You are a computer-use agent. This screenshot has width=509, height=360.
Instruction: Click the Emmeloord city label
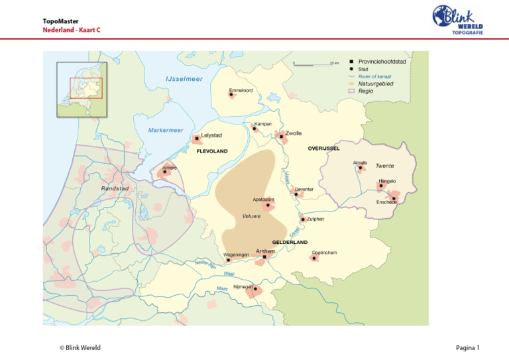tap(240, 90)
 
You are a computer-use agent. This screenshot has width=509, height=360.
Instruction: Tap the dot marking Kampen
tap(254, 129)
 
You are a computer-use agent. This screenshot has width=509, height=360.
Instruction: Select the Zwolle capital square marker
tap(282, 137)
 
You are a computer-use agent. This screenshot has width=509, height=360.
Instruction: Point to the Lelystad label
tap(211, 135)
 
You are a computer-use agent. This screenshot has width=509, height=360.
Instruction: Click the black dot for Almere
tap(165, 172)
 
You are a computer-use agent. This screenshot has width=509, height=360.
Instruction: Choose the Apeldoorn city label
tap(263, 199)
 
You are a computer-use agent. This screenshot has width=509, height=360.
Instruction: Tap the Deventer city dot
tap(296, 195)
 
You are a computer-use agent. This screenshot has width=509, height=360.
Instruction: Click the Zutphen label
tap(315, 219)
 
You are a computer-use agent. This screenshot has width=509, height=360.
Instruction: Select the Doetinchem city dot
tap(315, 258)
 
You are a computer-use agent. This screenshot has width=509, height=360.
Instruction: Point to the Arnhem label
tap(265, 251)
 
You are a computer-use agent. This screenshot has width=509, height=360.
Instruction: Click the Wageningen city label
tap(236, 255)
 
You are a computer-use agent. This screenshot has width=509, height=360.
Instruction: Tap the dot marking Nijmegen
tap(255, 289)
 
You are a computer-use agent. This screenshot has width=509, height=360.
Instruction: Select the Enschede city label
tap(386, 202)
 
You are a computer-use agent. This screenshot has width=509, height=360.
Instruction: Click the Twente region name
tap(385, 166)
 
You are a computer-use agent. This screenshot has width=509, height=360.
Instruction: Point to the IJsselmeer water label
tap(184, 80)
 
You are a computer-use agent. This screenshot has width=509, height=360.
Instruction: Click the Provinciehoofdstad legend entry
tap(382, 62)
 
